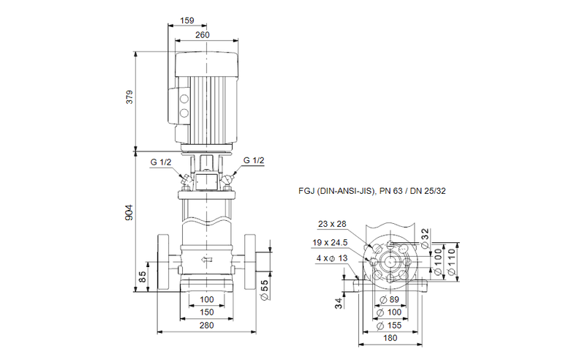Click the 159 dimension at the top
(186, 20)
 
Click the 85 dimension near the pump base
(143, 277)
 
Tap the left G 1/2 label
(161, 162)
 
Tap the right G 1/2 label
(254, 162)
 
